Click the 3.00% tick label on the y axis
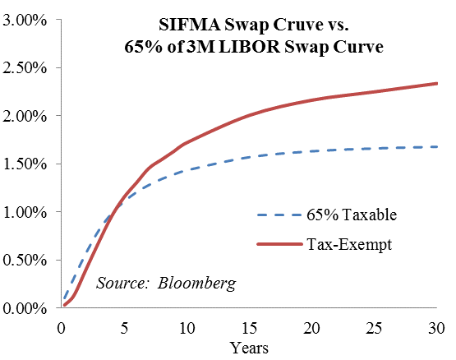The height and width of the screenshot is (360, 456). (x=25, y=21)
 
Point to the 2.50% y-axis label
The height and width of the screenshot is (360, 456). (x=25, y=68)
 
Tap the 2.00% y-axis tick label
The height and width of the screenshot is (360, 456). (x=25, y=117)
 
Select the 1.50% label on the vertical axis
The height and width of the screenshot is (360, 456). (x=25, y=164)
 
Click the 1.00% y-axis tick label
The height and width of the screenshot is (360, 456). (x=25, y=212)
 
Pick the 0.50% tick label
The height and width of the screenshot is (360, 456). (x=25, y=261)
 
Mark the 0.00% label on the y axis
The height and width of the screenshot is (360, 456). (x=25, y=308)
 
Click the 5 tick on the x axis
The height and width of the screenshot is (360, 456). (x=124, y=329)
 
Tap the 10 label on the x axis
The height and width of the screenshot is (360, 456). (x=187, y=329)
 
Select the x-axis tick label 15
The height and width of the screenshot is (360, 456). (x=249, y=329)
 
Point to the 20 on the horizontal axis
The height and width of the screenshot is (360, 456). (x=311, y=329)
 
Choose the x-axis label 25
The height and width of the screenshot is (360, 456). (x=375, y=329)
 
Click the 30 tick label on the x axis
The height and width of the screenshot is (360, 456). (x=436, y=329)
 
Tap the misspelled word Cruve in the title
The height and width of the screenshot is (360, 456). (x=299, y=25)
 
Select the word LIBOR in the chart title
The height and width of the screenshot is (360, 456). (x=250, y=47)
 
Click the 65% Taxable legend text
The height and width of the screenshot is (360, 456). (x=352, y=215)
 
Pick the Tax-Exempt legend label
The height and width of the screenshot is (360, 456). (x=349, y=244)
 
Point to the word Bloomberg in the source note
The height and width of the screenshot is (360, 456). (x=196, y=284)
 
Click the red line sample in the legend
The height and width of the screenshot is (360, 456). (x=280, y=244)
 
